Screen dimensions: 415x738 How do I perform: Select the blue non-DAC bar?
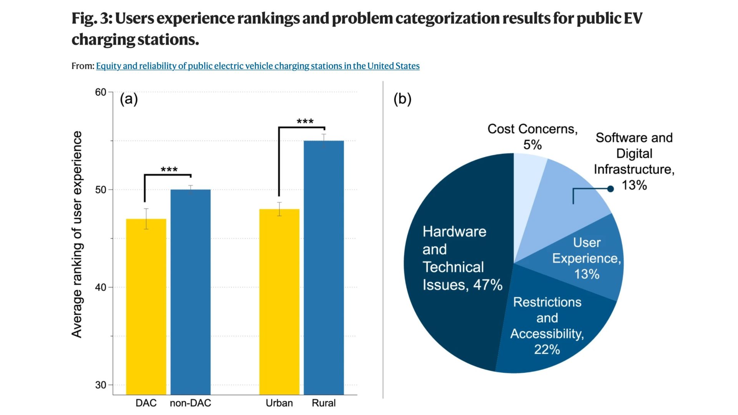191,292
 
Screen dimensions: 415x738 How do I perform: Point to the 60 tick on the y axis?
101,92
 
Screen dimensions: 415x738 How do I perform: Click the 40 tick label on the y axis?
101,287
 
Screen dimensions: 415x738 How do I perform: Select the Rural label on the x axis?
324,403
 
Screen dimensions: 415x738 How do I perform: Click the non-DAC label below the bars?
191,403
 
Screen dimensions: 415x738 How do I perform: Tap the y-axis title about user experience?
77,234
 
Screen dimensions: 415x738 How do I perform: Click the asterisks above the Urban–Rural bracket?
305,122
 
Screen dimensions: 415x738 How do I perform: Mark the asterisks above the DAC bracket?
169,170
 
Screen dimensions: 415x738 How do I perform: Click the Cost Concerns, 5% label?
532,136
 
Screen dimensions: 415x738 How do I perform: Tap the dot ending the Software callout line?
610,189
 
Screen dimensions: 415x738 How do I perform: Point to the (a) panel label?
129,99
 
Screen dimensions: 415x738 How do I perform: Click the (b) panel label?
402,99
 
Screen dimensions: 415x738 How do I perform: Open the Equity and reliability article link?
258,66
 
